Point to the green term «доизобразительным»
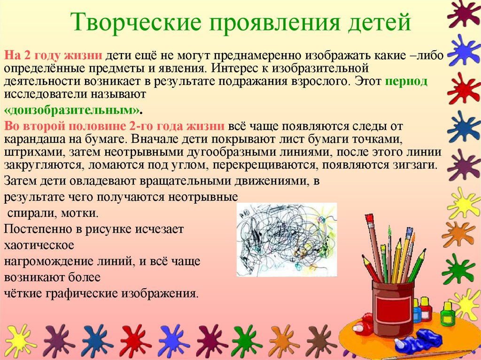click(x=72, y=110)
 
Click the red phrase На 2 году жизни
click(x=53, y=55)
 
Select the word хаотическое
click(x=39, y=245)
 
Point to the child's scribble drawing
click(x=287, y=239)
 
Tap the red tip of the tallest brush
click(x=369, y=218)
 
